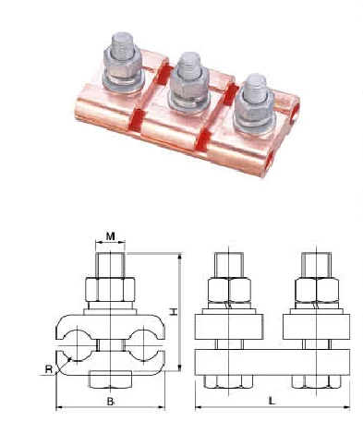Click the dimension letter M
pyautogui.click(x=111, y=236)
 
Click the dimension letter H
pyautogui.click(x=174, y=312)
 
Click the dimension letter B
pyautogui.click(x=111, y=402)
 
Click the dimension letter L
pyautogui.click(x=272, y=401)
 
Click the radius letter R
pyautogui.click(x=49, y=368)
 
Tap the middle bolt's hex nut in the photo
pyautogui.click(x=189, y=83)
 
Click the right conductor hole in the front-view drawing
pyautogui.click(x=142, y=345)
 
